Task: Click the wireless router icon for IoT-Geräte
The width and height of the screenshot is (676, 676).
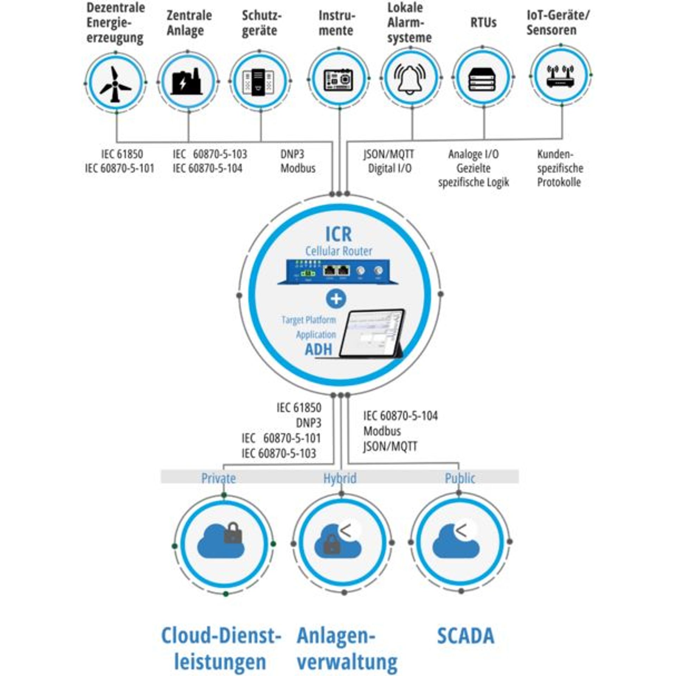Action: (x=560, y=76)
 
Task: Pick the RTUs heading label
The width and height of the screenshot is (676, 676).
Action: (x=483, y=23)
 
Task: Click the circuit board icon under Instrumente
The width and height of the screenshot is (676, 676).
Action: (x=338, y=80)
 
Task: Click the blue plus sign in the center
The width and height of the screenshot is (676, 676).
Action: (x=336, y=299)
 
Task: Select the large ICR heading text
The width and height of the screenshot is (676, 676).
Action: (x=338, y=234)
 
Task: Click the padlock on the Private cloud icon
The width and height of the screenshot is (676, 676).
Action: (x=233, y=533)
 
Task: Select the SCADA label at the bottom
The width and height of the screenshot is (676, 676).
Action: (x=465, y=636)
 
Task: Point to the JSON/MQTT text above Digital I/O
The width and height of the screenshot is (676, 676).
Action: (x=389, y=154)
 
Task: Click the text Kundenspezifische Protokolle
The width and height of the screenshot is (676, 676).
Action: (x=560, y=168)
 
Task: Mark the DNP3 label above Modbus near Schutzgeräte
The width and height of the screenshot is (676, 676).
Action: (x=292, y=154)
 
